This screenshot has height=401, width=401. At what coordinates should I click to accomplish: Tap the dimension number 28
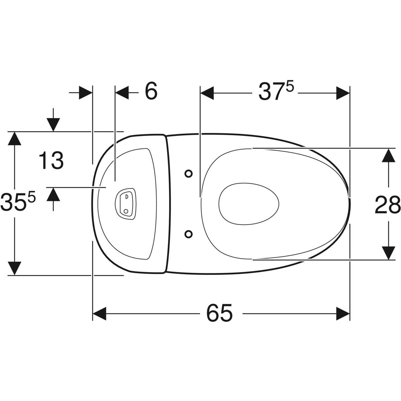coord(388,205)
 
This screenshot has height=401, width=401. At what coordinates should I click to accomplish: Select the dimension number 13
coord(51,160)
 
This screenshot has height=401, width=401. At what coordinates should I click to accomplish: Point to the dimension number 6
coord(151,91)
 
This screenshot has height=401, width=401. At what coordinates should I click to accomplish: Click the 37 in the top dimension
coord(272,92)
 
